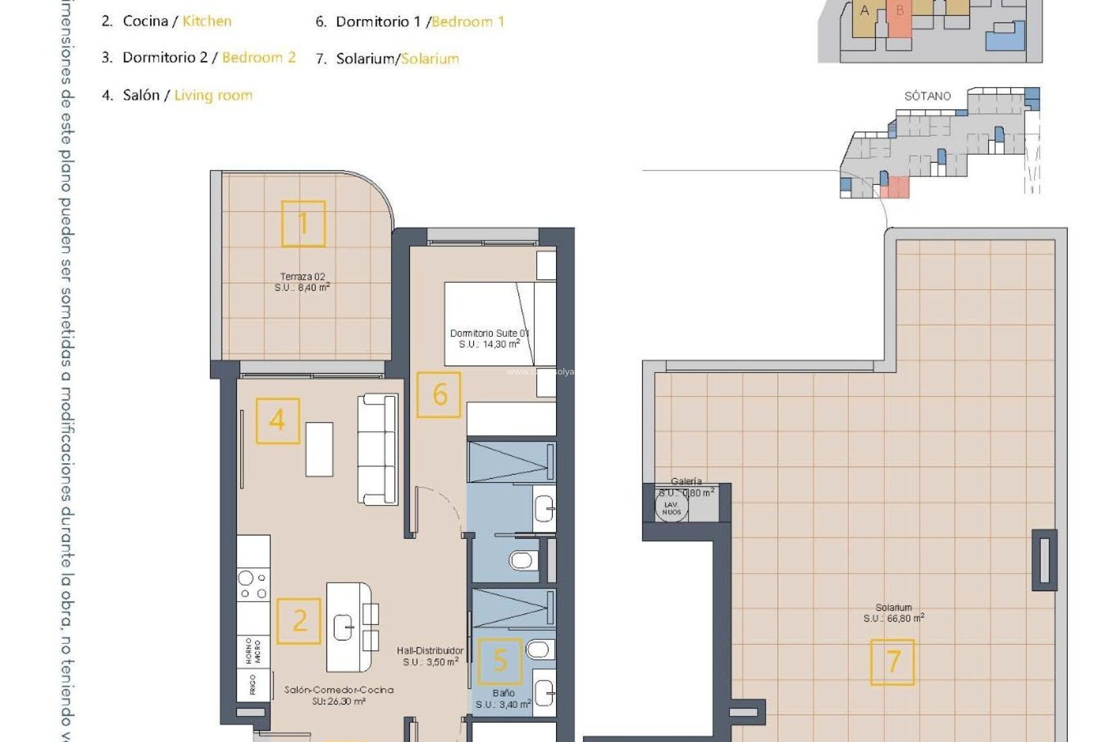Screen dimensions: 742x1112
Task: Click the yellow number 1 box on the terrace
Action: coord(303,224)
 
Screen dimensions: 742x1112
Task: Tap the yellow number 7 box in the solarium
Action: coord(892,662)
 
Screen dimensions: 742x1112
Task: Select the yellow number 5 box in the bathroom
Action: coord(499,661)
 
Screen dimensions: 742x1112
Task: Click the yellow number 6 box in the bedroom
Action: coord(439,395)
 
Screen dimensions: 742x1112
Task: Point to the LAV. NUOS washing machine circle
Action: coord(671,508)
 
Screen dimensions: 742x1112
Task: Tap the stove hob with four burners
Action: coord(254,585)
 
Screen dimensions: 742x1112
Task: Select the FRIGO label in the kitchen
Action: coord(253,685)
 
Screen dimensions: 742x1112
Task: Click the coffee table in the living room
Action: coord(319,449)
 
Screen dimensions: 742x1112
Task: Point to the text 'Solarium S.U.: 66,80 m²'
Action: coord(894,613)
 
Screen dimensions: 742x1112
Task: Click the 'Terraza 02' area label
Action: coord(302,277)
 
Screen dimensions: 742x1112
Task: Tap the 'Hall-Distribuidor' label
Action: coord(430,651)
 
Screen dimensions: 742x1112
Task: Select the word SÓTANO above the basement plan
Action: coord(927,96)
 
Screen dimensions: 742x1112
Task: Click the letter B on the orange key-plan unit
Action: coord(899,10)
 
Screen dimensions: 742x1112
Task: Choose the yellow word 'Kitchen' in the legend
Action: coord(207,21)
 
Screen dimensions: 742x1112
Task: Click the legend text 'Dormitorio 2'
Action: coord(164,57)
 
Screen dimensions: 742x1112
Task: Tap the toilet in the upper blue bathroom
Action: coord(521,560)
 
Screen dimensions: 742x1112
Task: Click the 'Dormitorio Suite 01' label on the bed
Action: coord(489,333)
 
